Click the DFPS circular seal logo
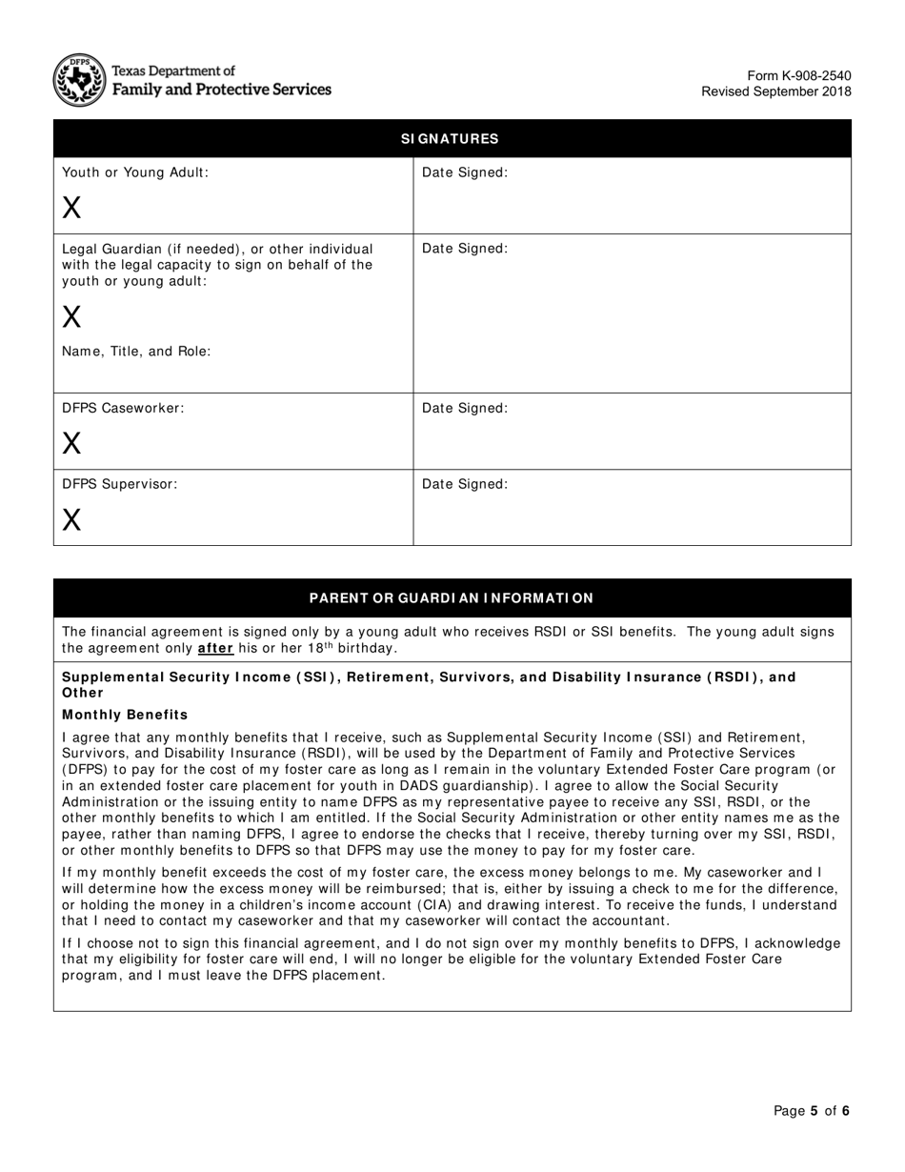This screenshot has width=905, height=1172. coord(79,80)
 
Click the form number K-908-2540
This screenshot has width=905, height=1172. coord(799,76)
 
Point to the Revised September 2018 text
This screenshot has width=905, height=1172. coord(776,91)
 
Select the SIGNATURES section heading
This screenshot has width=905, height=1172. coord(450,139)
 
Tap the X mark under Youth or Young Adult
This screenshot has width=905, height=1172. coord(71,207)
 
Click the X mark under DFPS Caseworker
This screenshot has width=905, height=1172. coord(71,443)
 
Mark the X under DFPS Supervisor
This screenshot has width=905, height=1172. coord(71,519)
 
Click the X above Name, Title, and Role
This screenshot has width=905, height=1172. coord(71,316)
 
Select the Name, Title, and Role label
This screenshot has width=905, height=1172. coord(136,351)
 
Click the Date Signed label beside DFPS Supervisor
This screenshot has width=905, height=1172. coord(465,484)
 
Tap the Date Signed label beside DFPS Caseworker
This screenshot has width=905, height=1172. coord(465,408)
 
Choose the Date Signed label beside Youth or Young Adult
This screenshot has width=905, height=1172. coord(465,172)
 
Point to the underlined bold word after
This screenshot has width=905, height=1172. coord(215,649)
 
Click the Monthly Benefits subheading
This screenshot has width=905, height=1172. coord(125,715)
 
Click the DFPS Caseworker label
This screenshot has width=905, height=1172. coord(123,408)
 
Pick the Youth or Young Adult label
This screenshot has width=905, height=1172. coord(135,172)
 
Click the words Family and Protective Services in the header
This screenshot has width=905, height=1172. coord(222,90)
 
